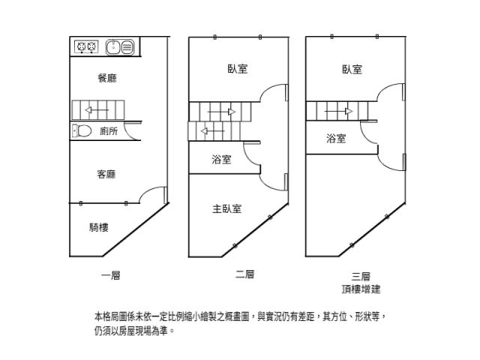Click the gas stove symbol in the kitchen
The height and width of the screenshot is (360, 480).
tap(86, 47)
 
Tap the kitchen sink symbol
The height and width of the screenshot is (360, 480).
tap(120, 47)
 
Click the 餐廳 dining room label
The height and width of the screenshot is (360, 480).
tap(107, 78)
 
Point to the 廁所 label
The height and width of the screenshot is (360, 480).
tap(108, 131)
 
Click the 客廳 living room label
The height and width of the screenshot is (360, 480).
tap(106, 174)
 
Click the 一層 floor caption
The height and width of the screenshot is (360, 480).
tap(111, 275)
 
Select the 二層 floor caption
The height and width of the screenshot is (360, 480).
tap(244, 274)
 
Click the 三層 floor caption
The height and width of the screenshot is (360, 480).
tap(360, 275)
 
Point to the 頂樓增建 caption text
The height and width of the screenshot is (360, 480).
tap(360, 289)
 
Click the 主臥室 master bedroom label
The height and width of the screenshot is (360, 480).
tap(226, 209)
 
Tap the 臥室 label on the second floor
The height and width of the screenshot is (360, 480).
tap(238, 69)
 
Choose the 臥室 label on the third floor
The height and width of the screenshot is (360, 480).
tap(352, 69)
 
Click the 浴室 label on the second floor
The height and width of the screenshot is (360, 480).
tap(221, 159)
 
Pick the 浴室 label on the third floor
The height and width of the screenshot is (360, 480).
tap(335, 138)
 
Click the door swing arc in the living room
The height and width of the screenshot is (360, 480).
tap(154, 193)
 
